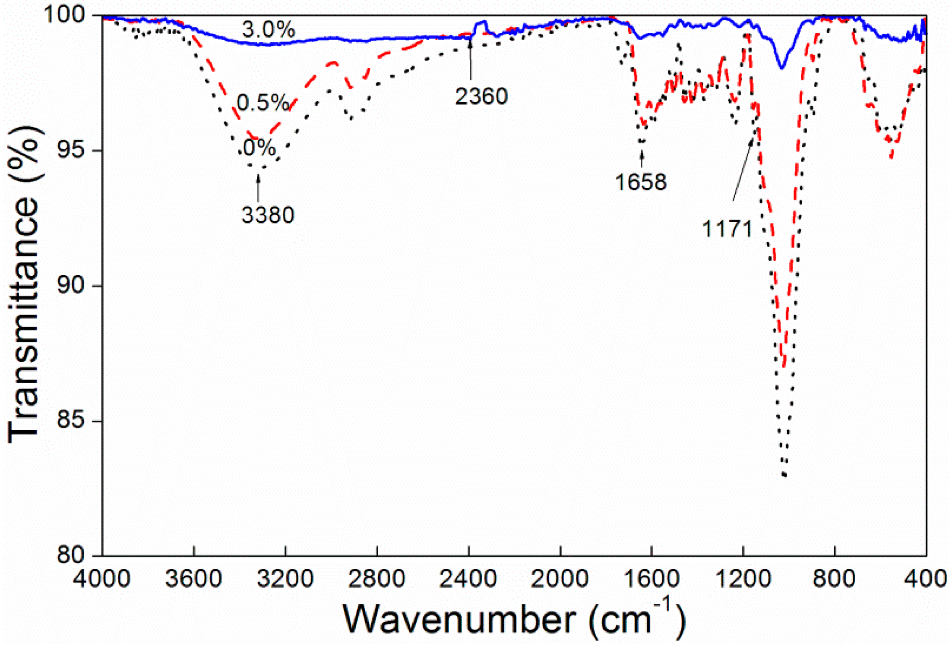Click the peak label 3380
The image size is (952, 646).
click(x=268, y=214)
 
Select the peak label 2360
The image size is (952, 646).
click(x=481, y=96)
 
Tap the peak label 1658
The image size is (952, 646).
click(x=641, y=182)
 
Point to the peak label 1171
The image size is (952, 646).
click(x=727, y=228)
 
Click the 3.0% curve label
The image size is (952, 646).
click(x=268, y=30)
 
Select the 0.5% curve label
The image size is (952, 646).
click(x=263, y=103)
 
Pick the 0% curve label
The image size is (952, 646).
click(x=259, y=148)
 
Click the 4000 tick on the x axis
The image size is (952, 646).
click(x=101, y=578)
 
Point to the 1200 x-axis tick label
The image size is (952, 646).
click(x=743, y=578)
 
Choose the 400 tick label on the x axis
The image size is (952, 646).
click(x=925, y=578)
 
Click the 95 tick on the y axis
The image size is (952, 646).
click(x=71, y=151)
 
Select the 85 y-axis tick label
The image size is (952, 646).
click(x=71, y=421)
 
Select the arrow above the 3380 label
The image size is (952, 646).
click(x=258, y=188)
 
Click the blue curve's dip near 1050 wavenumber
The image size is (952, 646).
click(x=781, y=67)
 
